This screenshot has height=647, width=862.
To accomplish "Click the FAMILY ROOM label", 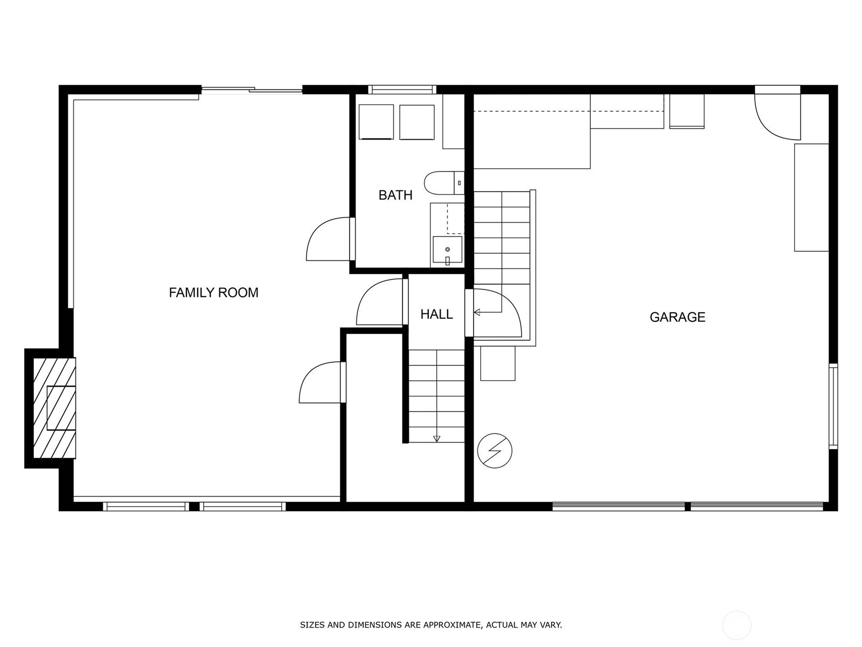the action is pyautogui.click(x=214, y=293).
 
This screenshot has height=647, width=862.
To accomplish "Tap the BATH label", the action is pyautogui.click(x=395, y=195).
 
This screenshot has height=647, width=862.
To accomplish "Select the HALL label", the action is pyautogui.click(x=437, y=314).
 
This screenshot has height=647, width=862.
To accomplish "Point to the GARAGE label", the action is pyautogui.click(x=677, y=317).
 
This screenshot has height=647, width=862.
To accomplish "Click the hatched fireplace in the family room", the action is pyautogui.click(x=54, y=408).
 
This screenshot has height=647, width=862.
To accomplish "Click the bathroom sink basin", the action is pyautogui.click(x=447, y=250).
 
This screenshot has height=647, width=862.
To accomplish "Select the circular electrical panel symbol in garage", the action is pyautogui.click(x=495, y=451).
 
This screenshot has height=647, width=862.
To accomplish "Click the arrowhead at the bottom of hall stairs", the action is pyautogui.click(x=437, y=439).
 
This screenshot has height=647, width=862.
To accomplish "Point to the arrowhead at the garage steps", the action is pyautogui.click(x=477, y=313).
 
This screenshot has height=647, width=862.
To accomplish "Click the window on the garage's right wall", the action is pyautogui.click(x=833, y=407).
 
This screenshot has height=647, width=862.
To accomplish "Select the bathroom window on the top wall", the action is pyautogui.click(x=402, y=90).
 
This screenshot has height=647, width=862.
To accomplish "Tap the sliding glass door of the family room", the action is pyautogui.click(x=252, y=90).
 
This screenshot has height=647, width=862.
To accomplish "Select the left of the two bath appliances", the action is pyautogui.click(x=376, y=122).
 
